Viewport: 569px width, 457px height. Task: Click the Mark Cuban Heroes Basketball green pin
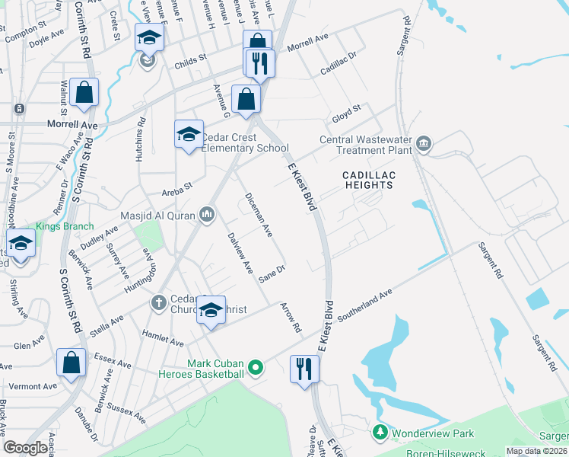coord(256,369)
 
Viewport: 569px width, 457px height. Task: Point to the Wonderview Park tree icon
coord(380,433)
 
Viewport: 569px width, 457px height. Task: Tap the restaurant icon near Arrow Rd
coord(304,369)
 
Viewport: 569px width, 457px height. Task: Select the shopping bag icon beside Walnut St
coord(84,93)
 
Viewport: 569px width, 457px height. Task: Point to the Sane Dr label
coord(272,274)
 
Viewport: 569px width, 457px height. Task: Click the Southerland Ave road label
coord(364,303)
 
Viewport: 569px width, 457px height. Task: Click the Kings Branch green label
coord(65,226)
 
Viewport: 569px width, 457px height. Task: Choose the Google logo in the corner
coord(25,448)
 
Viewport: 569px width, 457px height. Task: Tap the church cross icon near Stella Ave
coord(159,303)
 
